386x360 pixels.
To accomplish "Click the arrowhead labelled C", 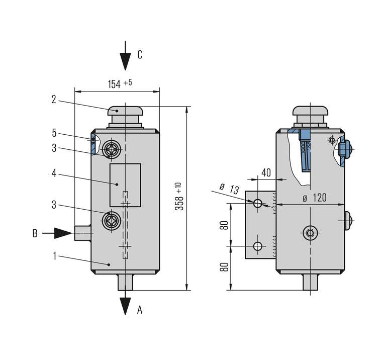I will (125, 63).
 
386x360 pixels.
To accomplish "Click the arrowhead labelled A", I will (125, 306).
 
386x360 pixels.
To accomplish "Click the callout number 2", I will (54, 100).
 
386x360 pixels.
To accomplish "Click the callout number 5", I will (54, 133).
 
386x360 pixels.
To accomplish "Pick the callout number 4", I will (54, 173).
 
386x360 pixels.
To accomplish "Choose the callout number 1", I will (54, 256).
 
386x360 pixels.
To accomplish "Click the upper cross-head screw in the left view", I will (111, 149).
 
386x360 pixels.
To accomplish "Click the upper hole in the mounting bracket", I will (258, 203).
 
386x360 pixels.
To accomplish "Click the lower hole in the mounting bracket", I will (258, 246).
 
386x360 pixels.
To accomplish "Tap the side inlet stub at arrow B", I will (82, 233).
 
